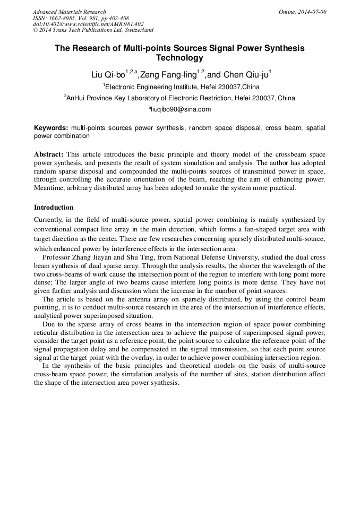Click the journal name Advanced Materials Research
[x=69, y=12]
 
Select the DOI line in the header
[x=88, y=24]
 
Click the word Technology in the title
[x=179, y=58]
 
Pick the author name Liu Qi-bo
[x=108, y=75]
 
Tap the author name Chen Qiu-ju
[x=245, y=75]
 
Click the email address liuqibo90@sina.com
[x=181, y=109]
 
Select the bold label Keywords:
[x=51, y=128]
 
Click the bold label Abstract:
[x=49, y=154]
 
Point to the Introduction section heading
[x=54, y=207]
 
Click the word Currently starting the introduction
[x=51, y=219]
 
